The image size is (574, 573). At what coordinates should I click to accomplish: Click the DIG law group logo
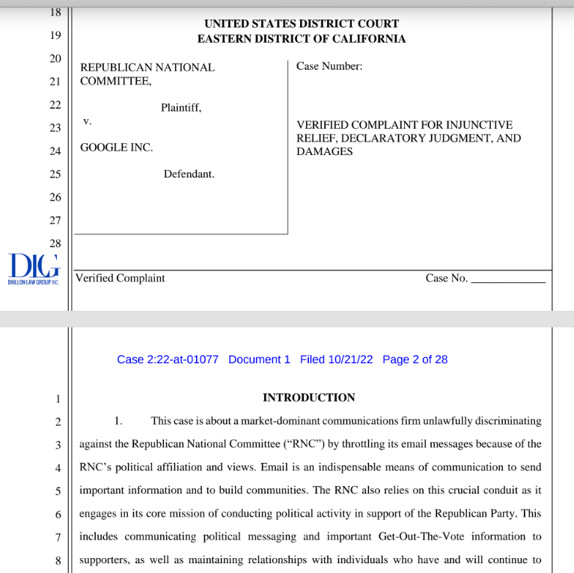[x=33, y=267]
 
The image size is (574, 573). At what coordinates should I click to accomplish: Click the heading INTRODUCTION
[x=308, y=398]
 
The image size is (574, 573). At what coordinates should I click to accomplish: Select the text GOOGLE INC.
[x=116, y=148]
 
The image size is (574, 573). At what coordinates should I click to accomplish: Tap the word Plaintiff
[x=181, y=108]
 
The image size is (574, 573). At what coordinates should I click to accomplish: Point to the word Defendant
[x=189, y=174]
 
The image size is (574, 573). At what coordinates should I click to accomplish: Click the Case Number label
[x=329, y=66]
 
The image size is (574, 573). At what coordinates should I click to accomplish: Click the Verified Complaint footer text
[x=120, y=278]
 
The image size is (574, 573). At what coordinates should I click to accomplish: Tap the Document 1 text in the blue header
[x=259, y=360]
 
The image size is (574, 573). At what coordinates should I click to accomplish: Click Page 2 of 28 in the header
[x=415, y=360]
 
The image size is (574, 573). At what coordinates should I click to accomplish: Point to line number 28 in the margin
[x=55, y=243]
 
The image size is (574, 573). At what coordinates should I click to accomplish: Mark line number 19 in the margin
[x=55, y=35]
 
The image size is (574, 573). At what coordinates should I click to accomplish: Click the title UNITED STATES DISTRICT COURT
[x=302, y=24]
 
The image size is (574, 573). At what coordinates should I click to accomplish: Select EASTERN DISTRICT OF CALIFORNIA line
[x=302, y=39]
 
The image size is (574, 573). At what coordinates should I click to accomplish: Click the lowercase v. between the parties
[x=87, y=121]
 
